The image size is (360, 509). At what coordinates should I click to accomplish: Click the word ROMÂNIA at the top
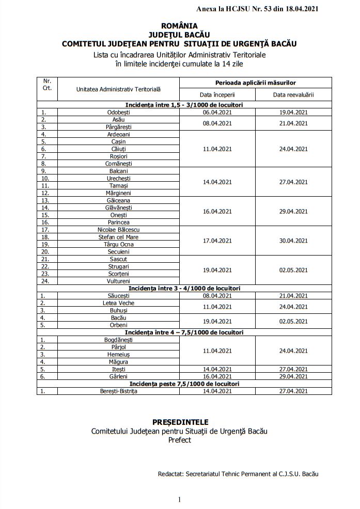(179, 25)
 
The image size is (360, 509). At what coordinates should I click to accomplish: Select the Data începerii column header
(217, 94)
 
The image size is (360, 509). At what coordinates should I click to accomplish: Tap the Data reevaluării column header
(293, 94)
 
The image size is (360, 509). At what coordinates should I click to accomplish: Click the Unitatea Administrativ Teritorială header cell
(118, 89)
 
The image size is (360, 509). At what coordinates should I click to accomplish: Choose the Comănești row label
(118, 163)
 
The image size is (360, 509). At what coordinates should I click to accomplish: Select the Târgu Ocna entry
(118, 244)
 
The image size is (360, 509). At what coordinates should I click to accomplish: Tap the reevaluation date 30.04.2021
(293, 240)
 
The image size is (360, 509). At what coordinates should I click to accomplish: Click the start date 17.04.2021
(217, 240)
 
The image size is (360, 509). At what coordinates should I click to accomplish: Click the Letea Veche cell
(118, 303)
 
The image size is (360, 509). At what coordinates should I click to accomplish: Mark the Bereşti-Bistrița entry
(118, 391)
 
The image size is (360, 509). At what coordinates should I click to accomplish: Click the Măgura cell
(118, 361)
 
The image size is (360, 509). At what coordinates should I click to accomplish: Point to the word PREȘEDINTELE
(179, 422)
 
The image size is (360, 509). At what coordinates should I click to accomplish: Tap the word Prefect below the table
(179, 440)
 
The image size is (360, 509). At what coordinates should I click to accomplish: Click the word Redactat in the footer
(173, 473)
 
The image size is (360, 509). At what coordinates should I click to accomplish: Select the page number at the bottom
(179, 499)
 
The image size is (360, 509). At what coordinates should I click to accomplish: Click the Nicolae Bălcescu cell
(118, 229)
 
